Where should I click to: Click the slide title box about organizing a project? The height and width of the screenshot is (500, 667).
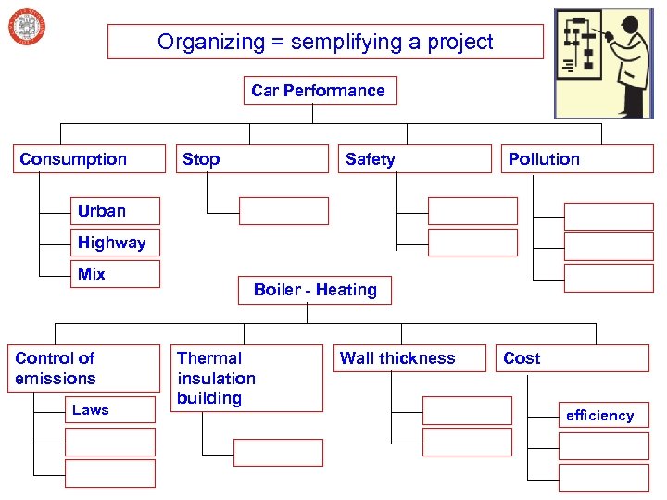(325, 42)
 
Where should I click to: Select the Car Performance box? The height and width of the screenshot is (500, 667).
(318, 91)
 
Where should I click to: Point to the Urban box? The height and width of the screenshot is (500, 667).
(116, 211)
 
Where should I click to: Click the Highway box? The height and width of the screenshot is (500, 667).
(116, 243)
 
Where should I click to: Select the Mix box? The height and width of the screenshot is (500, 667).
(116, 274)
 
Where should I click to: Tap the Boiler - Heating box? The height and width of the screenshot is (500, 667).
(315, 290)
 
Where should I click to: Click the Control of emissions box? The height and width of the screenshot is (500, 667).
(82, 369)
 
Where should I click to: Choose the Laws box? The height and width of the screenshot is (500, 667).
(111, 410)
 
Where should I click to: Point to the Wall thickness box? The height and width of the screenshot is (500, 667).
(409, 358)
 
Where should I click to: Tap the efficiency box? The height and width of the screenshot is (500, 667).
(603, 416)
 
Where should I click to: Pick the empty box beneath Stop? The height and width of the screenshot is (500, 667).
(283, 211)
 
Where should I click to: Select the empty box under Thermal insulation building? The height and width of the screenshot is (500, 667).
(278, 453)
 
